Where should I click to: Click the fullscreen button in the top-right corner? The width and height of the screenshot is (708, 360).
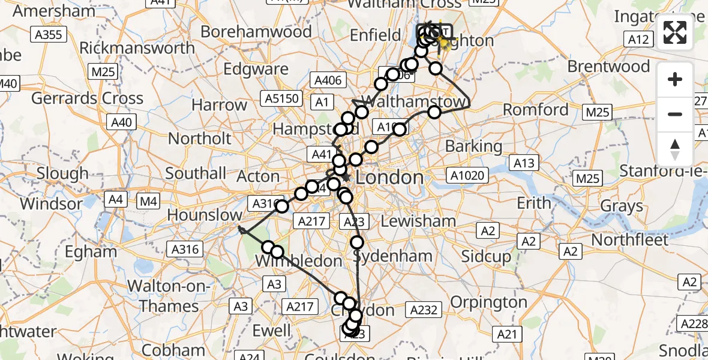[675, 32]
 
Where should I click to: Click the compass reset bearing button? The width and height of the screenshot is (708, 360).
[675, 148]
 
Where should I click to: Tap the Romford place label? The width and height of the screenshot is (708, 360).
[536, 110]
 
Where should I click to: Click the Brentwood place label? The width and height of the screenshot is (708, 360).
[608, 66]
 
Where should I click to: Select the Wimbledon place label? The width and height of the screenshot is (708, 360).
[298, 261]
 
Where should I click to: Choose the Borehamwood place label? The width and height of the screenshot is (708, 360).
[256, 31]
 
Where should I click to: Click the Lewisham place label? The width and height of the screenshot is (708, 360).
[418, 221]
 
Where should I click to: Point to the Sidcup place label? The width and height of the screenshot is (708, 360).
[486, 257]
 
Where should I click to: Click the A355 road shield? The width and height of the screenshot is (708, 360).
[48, 34]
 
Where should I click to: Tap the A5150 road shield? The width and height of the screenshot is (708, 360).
[281, 98]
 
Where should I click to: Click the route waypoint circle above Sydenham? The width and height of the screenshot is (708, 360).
[357, 242]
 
